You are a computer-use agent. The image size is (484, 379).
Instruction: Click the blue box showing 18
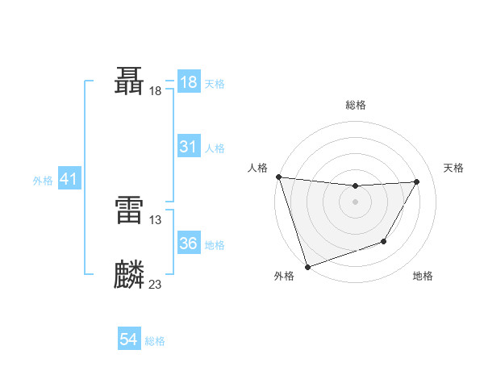[x=188, y=82]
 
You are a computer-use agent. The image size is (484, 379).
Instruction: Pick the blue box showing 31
[x=188, y=147]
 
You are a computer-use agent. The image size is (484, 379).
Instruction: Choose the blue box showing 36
[x=188, y=244]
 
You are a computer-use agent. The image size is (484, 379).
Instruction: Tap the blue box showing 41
[x=69, y=179]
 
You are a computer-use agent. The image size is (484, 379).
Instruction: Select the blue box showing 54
[x=128, y=340]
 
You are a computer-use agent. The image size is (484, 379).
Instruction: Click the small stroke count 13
[x=156, y=219]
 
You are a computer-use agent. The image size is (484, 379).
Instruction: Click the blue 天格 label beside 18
[x=215, y=84]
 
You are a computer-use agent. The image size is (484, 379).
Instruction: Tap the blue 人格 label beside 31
[x=215, y=148]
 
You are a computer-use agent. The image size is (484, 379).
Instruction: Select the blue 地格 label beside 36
[x=215, y=245]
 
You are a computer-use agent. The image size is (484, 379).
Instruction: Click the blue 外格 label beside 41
[x=43, y=181]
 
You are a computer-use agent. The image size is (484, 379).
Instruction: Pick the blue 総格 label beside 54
[x=155, y=342]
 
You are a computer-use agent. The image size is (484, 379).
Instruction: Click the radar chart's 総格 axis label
[x=356, y=105]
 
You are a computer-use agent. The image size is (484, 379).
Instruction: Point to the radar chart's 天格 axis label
[x=454, y=168]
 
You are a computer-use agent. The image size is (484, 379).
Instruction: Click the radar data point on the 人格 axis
[x=278, y=177]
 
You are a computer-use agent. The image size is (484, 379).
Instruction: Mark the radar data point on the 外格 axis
[x=307, y=266]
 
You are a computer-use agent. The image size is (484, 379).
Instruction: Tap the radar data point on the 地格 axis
[x=384, y=241]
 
